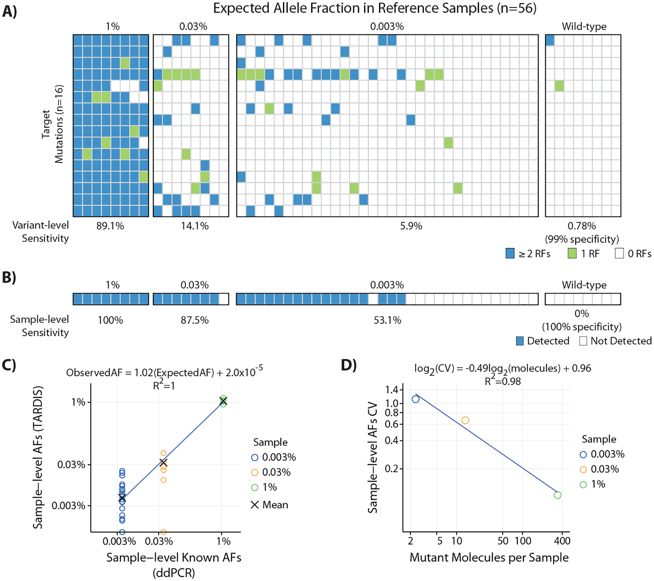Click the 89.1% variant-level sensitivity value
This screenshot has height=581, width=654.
pyautogui.click(x=110, y=226)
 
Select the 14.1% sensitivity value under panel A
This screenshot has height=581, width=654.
pyautogui.click(x=195, y=226)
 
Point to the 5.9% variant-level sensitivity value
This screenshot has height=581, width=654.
pyautogui.click(x=411, y=226)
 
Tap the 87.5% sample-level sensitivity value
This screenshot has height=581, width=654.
pyautogui.click(x=195, y=320)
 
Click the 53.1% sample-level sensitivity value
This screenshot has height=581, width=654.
pyautogui.click(x=387, y=320)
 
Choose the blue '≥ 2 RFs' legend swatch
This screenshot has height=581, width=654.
pyautogui.click(x=510, y=253)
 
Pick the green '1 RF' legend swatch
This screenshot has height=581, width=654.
pyautogui.click(x=572, y=253)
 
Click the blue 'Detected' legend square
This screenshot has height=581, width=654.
pyautogui.click(x=520, y=341)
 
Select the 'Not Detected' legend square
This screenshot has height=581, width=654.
pyautogui.click(x=583, y=341)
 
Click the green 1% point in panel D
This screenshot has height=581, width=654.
pyautogui.click(x=557, y=495)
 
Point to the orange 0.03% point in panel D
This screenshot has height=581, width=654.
pyautogui.click(x=465, y=420)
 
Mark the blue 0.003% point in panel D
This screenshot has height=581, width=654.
pyautogui.click(x=415, y=399)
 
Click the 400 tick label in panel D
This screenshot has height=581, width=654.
pyautogui.click(x=562, y=541)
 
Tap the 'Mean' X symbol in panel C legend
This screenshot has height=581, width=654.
pyautogui.click(x=255, y=505)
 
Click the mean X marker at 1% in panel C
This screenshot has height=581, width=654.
pyautogui.click(x=223, y=401)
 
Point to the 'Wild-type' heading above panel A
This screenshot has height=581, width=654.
pyautogui.click(x=584, y=27)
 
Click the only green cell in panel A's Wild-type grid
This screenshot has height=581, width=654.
pyautogui.click(x=559, y=86)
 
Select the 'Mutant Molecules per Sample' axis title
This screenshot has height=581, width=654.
pyautogui.click(x=489, y=557)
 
